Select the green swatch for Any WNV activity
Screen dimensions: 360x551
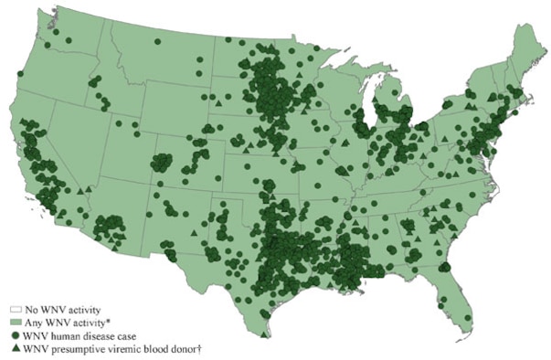tap(16, 323)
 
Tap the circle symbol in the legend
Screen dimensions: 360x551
tap(16, 335)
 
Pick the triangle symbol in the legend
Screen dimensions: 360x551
tap(16, 347)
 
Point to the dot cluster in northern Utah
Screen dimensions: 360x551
tap(161, 163)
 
